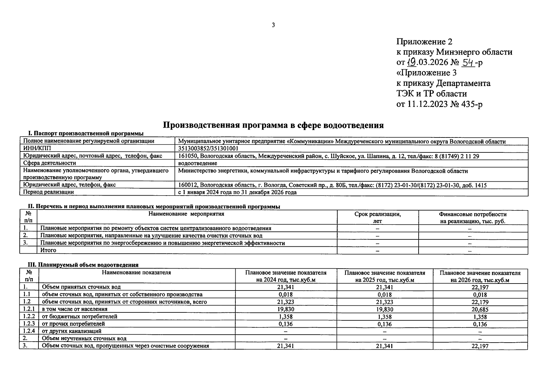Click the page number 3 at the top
pos(273,25)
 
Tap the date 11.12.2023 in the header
pos(427,104)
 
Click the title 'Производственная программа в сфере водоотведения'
pos(273,125)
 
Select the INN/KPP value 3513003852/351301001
pos(208,149)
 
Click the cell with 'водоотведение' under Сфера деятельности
pos(198,163)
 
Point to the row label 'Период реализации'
pos(49,192)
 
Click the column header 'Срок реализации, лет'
pos(377,217)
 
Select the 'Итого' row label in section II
pos(48,250)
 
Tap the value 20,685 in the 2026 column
pos(480,310)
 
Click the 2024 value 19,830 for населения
pos(286,309)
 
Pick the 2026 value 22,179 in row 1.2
pos(480,302)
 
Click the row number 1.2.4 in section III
pos(29,331)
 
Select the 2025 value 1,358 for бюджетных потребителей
pos(384,317)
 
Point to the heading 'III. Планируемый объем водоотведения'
pos(84,265)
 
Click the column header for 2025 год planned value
pos(384,276)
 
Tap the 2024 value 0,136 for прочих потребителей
pos(286,324)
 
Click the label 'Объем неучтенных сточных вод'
pos(84,338)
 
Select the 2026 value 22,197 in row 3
pos(480,346)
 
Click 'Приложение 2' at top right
pos(424,42)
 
